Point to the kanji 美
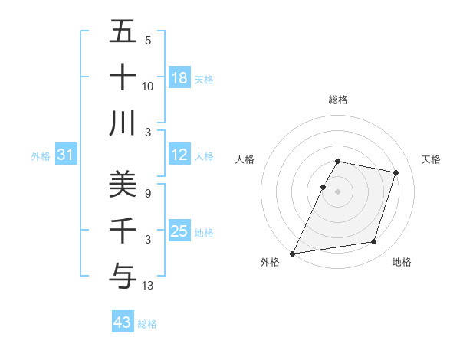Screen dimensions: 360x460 (x=123, y=183)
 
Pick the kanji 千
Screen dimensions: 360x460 (x=123, y=229)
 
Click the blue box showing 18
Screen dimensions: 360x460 (x=179, y=78)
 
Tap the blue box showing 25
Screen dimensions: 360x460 (x=179, y=232)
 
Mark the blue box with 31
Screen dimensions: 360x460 (x=66, y=155)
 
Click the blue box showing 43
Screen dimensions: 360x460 (x=123, y=322)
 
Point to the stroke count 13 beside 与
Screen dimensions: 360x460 (x=148, y=286)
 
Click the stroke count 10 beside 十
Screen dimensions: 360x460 (x=148, y=87)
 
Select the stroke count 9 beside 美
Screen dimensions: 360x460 (x=148, y=195)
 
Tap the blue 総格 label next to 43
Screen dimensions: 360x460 (x=147, y=324)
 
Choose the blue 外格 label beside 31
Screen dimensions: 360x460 (x=41, y=156)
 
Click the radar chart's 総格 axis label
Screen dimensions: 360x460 (x=338, y=100)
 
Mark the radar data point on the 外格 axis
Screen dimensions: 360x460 (x=293, y=254)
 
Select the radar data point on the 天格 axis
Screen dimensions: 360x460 (x=396, y=173)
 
